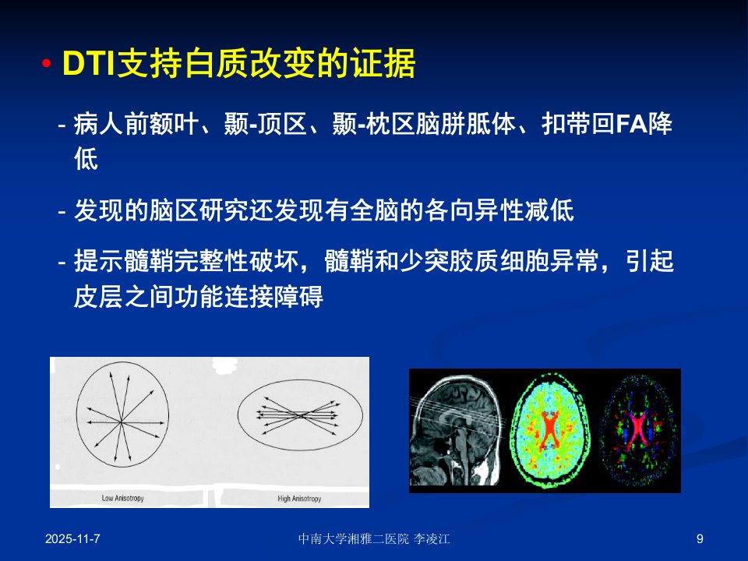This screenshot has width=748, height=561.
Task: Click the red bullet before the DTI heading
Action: (x=46, y=63)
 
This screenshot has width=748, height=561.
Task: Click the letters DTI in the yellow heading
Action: (x=89, y=63)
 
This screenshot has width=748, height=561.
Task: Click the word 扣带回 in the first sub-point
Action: (x=579, y=124)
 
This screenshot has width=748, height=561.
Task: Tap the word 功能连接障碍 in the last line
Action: (x=249, y=296)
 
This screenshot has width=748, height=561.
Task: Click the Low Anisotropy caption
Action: (x=122, y=498)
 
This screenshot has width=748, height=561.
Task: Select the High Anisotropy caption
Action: (x=299, y=499)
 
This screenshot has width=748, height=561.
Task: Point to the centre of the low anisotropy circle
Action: (x=122, y=422)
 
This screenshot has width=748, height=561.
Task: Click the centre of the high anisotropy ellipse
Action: (x=300, y=415)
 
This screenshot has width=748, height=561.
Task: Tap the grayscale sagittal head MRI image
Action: (x=455, y=430)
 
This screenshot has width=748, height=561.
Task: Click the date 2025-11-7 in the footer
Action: (x=72, y=539)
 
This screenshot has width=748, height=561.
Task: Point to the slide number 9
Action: (x=700, y=539)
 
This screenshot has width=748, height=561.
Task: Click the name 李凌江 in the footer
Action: (x=432, y=539)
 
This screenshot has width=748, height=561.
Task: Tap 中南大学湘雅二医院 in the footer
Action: (x=354, y=539)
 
